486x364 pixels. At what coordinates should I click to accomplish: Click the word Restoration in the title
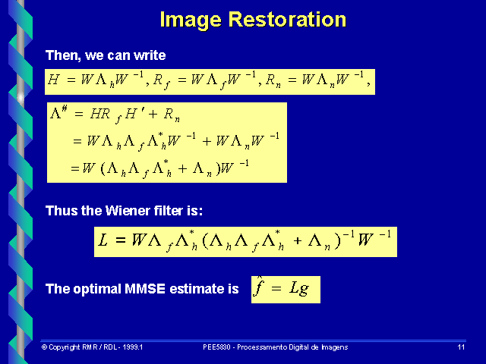pos(287,20)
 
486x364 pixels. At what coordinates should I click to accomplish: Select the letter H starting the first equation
pos(53,80)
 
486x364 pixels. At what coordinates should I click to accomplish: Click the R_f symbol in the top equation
pos(162,82)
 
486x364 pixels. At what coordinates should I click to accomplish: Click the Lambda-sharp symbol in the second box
pos(58,112)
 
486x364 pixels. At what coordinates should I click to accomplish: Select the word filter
pos(169,211)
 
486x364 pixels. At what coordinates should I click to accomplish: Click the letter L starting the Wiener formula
pos(103,240)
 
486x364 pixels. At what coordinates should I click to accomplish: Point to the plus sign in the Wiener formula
pos(298,240)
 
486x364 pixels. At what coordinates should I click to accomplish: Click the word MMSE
pos(145,289)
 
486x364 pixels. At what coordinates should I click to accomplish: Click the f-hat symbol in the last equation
pos(258,287)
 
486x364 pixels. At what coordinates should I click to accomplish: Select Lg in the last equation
pos(298,288)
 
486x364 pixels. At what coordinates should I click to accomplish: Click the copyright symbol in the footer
pos(44,347)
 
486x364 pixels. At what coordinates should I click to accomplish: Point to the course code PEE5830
pos(216,347)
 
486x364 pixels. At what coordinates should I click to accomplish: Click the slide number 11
pos(461,347)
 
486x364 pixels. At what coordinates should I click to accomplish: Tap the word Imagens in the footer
pos(335,347)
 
